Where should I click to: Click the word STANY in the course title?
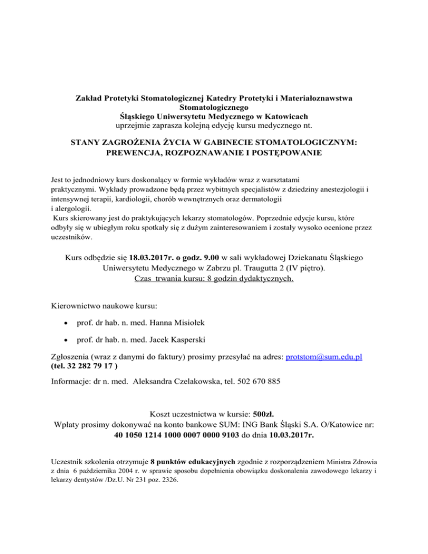pos(85,143)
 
